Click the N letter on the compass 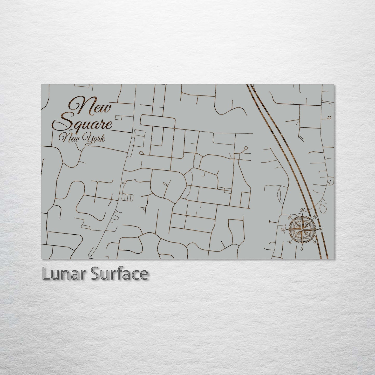302,210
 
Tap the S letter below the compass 302,249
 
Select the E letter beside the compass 321,230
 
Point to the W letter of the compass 283,229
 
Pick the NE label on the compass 315,217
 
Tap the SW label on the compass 289,242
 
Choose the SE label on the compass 315,242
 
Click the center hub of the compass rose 302,229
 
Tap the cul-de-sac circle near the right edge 329,118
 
